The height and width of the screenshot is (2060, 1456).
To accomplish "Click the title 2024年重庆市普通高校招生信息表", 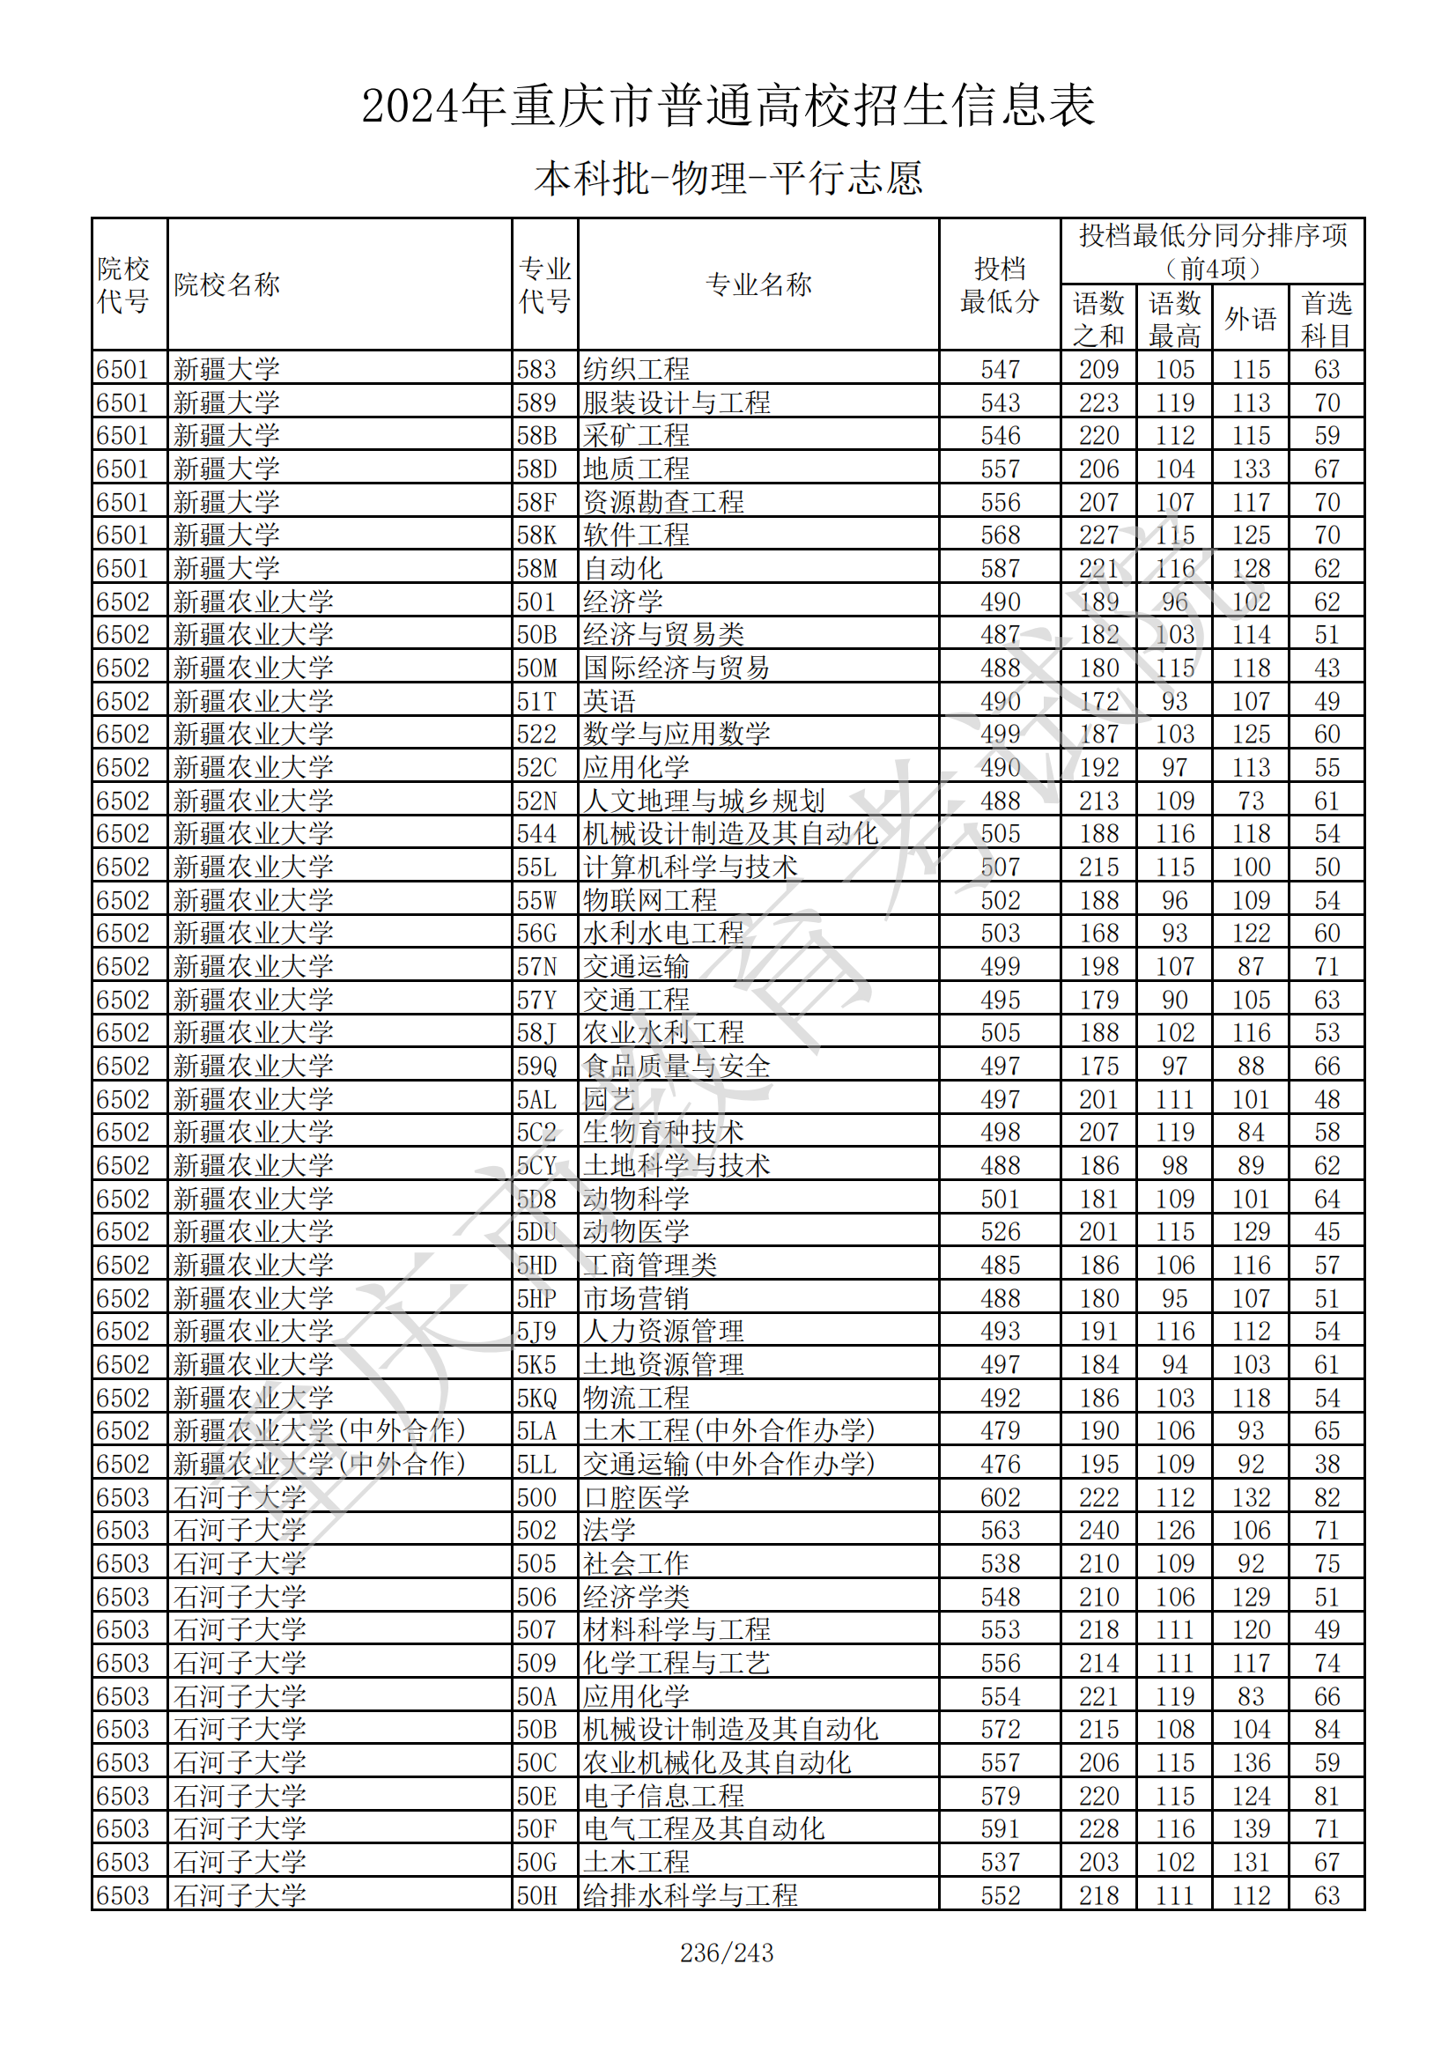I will [x=728, y=106].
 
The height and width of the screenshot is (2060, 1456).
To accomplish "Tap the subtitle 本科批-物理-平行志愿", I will [x=728, y=178].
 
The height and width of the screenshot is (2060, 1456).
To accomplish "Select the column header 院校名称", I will [x=227, y=284].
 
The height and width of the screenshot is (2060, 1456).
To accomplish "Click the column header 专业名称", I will [x=758, y=284].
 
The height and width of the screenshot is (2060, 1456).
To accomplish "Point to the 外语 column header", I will [x=1251, y=319].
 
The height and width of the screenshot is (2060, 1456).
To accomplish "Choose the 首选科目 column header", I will [x=1326, y=319].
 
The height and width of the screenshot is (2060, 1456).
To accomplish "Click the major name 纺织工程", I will [x=636, y=369].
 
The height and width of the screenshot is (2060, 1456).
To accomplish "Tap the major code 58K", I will [x=536, y=535].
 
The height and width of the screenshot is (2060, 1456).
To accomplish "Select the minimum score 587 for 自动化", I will [x=1000, y=568].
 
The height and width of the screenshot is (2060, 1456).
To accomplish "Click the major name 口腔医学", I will [x=636, y=1497].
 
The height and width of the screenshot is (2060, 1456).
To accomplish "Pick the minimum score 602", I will [x=1000, y=1497].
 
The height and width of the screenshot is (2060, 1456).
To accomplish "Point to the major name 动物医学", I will [x=636, y=1232].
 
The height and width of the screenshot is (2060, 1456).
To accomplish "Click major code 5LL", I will [x=536, y=1465].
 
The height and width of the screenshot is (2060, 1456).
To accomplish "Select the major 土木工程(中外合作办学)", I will [x=728, y=1431].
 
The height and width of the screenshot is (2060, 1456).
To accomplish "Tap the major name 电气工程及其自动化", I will [x=703, y=1828].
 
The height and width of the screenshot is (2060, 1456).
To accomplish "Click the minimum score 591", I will [x=1000, y=1828].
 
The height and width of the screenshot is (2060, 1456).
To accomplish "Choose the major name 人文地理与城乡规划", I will [x=703, y=801].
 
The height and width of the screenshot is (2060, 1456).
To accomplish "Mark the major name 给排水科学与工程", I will [x=690, y=1895].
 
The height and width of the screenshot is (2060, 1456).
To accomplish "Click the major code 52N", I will [x=536, y=801].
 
